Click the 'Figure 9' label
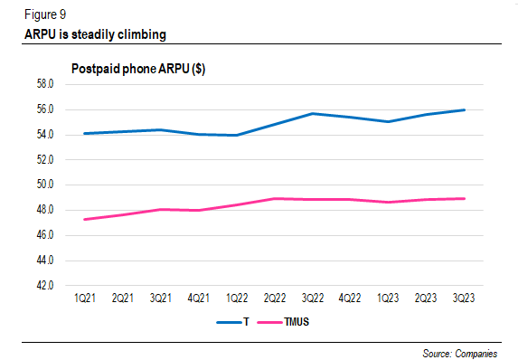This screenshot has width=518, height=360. pyautogui.click(x=43, y=14)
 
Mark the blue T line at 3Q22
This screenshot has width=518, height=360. pyautogui.click(x=313, y=113)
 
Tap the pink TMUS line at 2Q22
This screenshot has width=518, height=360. pyautogui.click(x=275, y=198)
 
